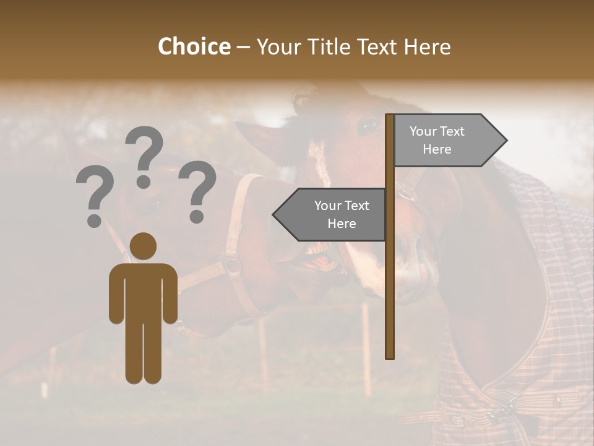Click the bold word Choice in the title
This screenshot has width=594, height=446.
(194, 47)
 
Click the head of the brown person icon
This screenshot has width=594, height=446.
(144, 246)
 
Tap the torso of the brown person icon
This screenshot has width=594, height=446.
(144, 291)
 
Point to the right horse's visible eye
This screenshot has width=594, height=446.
(368, 127)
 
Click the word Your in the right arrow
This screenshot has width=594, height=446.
(424, 131)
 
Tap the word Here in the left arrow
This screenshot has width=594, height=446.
(342, 224)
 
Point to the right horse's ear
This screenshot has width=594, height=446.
(303, 99)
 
